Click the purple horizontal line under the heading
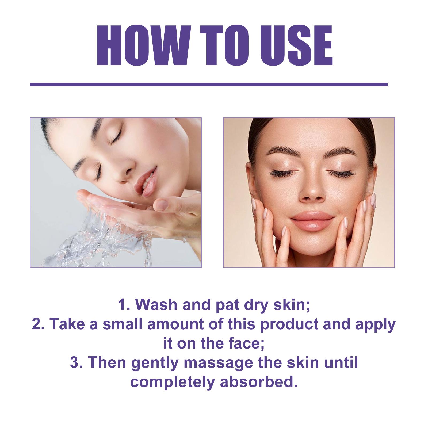pyautogui.click(x=209, y=85)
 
